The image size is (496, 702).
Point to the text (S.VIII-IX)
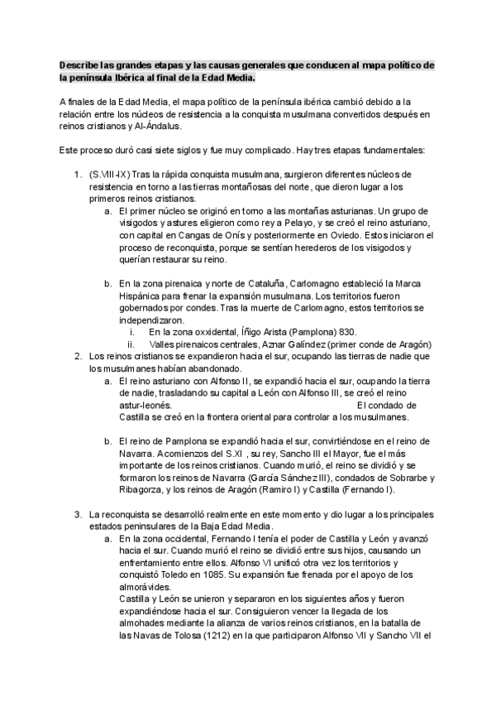click(x=107, y=175)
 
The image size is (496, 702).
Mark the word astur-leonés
click(x=145, y=406)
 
